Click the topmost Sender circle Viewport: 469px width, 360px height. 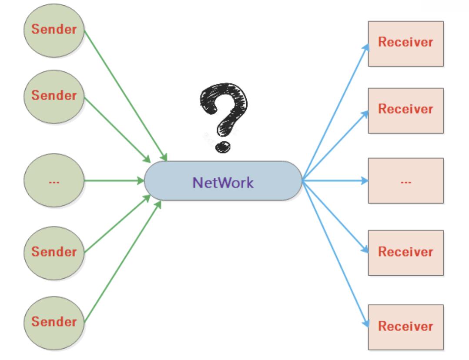tap(54, 30)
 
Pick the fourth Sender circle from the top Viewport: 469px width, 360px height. tap(54, 252)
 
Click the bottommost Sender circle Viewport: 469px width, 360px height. tap(54, 323)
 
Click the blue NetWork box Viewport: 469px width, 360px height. tap(223, 181)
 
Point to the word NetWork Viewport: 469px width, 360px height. tap(223, 182)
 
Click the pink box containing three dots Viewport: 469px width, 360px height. tap(405, 181)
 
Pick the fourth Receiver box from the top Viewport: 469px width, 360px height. tap(405, 253)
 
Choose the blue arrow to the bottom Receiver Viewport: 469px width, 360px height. tap(335, 252)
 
